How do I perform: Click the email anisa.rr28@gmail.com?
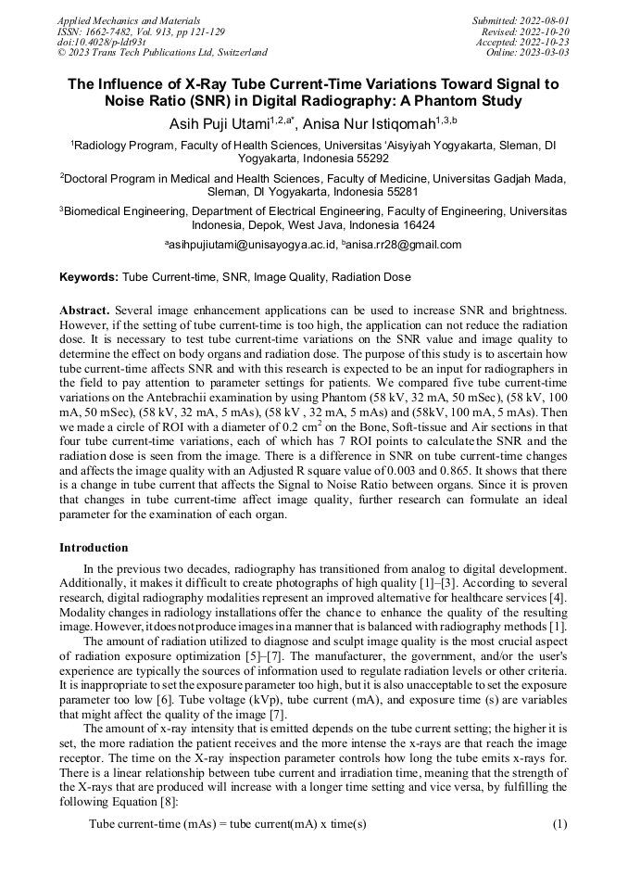click(x=404, y=246)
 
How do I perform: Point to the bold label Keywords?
click(x=89, y=277)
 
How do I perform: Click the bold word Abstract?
click(x=84, y=308)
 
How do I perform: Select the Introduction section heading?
click(x=94, y=548)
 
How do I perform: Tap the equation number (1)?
click(x=559, y=824)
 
